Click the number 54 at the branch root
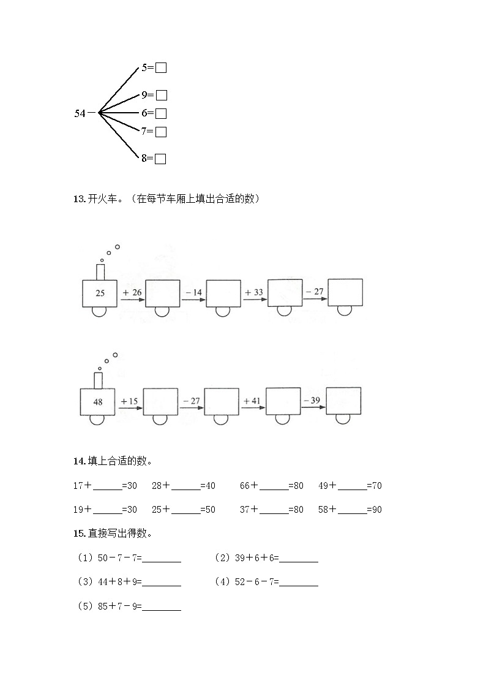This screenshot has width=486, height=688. click(x=80, y=113)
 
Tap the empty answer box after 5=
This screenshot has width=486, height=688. click(x=161, y=68)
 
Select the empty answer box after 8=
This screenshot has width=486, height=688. click(x=160, y=159)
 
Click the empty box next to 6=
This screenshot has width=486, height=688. click(x=161, y=113)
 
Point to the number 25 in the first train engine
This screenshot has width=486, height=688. click(x=100, y=293)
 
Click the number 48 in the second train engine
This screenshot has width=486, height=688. click(x=98, y=402)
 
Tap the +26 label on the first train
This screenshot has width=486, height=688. click(x=132, y=293)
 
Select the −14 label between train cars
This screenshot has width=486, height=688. click(x=193, y=293)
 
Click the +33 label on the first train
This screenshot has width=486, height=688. click(x=254, y=292)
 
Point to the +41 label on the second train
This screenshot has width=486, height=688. click(x=252, y=401)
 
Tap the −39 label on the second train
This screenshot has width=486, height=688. click(x=312, y=400)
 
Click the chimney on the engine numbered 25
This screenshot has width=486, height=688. click(x=100, y=271)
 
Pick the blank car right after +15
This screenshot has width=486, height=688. click(x=160, y=402)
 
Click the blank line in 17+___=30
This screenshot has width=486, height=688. click(x=108, y=486)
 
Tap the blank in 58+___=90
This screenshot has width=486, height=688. click(x=352, y=510)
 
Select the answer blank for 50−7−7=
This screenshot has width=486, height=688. click(x=162, y=558)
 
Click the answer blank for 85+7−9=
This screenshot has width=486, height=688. click(x=162, y=607)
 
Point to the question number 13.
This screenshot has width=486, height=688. click(x=78, y=198)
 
